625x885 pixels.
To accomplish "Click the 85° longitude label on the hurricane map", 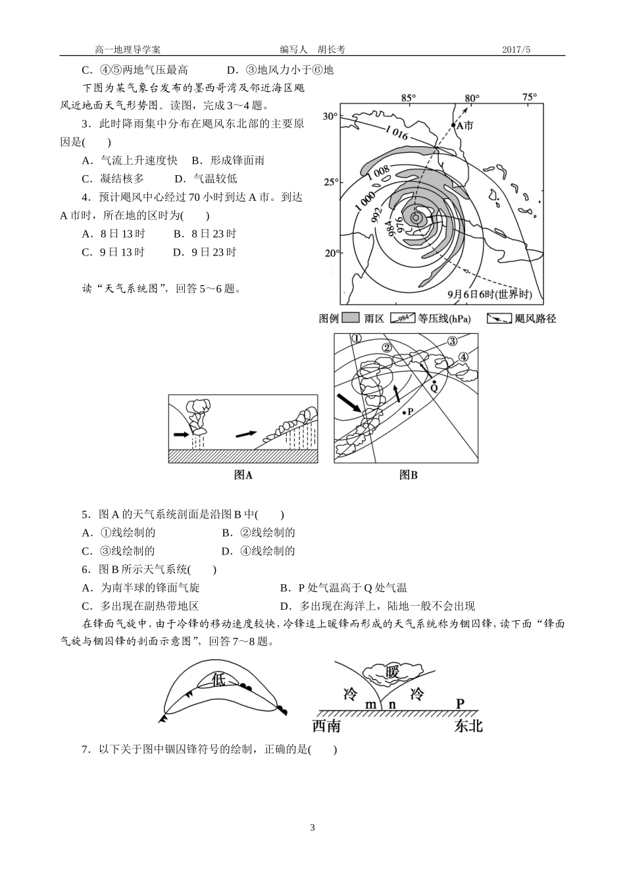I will pos(409,98).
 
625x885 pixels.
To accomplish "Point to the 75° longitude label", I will pos(530,97).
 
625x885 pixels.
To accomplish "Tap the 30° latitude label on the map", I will pos(330,117).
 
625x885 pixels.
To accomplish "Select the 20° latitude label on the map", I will pos(330,253).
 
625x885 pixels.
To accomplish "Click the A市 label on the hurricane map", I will pos(464,125).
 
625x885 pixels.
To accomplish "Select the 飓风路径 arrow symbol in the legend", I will pos(499,319).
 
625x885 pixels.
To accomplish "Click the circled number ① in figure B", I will pos(357,338).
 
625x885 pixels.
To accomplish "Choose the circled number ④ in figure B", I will pos(463,357).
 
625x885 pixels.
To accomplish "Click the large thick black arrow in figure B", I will pos(349,402).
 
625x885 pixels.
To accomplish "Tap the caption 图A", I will pos(243,475).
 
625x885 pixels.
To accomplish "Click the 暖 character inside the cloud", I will pos(393,672).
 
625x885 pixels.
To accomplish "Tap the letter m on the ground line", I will pos(371,704).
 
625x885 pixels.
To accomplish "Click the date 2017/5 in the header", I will pos(516,49).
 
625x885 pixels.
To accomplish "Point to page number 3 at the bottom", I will pos(312,828).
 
